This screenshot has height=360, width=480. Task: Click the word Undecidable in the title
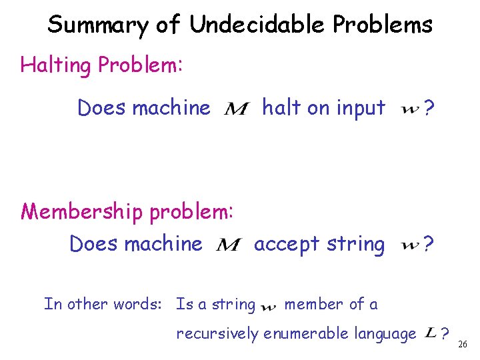tap(255, 25)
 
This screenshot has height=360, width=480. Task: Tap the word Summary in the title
tap(97, 25)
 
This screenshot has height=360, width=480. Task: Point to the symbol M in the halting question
tap(237, 109)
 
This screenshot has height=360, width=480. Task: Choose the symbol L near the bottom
tap(431, 332)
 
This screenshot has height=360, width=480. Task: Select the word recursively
tap(217, 333)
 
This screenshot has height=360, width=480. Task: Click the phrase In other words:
tap(103, 304)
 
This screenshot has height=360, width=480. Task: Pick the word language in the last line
tap(384, 333)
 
